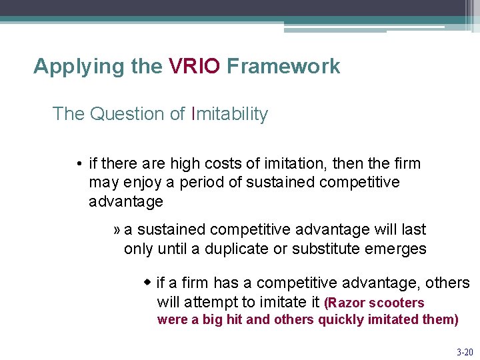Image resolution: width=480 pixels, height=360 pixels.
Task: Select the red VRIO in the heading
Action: pos(194,66)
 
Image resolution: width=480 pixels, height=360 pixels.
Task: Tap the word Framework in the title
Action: pos(283,66)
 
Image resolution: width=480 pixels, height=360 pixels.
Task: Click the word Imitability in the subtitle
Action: pos(229,114)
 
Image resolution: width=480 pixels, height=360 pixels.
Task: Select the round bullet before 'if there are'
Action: pos(79,164)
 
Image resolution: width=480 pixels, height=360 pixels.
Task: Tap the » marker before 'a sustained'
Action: pos(117,230)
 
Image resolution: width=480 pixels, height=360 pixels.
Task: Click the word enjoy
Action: pos(141,183)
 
